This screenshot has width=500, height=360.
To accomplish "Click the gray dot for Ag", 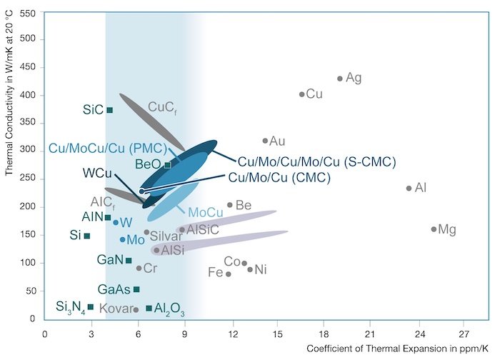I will coord(339,79).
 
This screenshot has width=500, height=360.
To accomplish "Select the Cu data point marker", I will coord(302,94).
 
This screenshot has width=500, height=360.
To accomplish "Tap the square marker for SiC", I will coord(109,110).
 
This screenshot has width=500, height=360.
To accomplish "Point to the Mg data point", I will coord(434,229).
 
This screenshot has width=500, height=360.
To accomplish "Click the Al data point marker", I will coord(409,189).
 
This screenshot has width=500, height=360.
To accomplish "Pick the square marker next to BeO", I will coord(168,165).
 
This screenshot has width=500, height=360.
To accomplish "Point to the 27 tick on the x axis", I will coord(464,333).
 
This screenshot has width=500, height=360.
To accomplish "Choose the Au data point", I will coord(265,141).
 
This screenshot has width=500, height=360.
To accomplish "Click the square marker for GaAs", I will coord(136,289).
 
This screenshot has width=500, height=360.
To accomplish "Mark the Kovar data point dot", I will coord(136,309).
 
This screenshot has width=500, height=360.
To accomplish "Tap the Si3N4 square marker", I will coord(91,307).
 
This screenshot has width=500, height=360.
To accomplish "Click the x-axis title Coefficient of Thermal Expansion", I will coord(399,349).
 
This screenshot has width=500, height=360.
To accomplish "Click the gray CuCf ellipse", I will coord(151,121).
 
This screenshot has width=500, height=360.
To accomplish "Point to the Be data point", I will coord(230,205).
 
